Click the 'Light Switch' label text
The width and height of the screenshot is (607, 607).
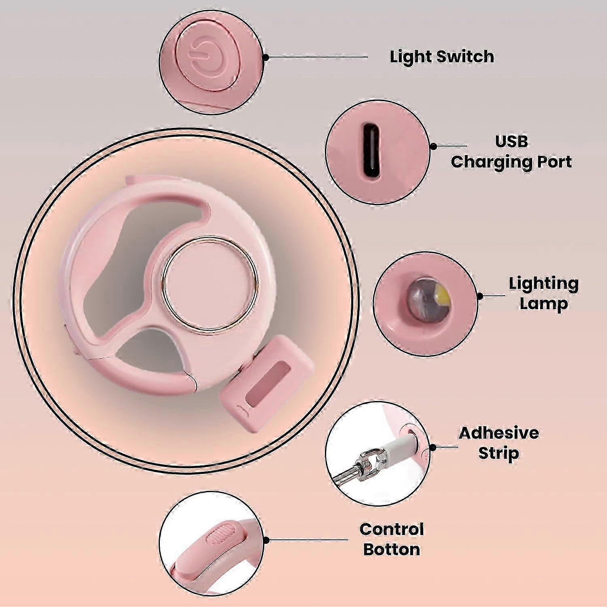[442, 57]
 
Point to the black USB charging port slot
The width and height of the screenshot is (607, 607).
[371, 150]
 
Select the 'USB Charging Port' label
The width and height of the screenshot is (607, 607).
[511, 152]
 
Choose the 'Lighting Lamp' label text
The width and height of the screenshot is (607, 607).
[543, 294]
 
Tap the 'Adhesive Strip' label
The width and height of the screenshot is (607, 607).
[499, 443]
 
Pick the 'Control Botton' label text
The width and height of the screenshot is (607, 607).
[391, 539]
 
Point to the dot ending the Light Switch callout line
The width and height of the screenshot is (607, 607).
[265, 57]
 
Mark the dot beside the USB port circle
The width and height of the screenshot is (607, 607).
[433, 146]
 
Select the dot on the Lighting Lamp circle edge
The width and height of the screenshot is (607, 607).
[480, 296]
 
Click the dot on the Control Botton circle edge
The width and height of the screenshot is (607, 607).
[266, 540]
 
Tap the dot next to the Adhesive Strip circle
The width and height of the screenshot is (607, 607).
[433, 448]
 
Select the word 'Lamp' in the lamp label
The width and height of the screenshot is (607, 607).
[543, 304]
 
